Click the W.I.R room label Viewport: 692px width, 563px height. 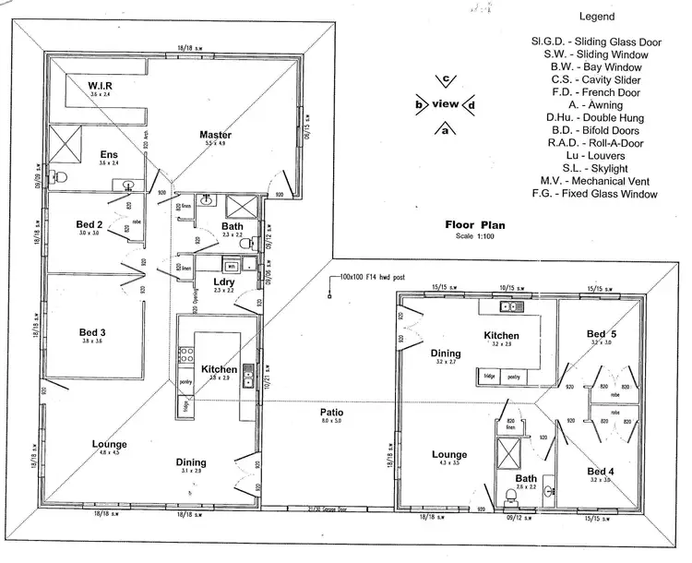click(99, 87)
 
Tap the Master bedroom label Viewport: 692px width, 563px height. click(216, 136)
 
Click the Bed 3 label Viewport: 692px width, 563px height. click(91, 332)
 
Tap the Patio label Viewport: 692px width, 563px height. click(332, 413)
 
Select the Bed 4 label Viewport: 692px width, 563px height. click(600, 472)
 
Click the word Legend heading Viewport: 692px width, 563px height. click(598, 17)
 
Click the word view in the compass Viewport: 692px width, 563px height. click(445, 104)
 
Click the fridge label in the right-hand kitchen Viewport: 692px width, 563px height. click(488, 377)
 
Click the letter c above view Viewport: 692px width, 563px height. click(446, 80)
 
